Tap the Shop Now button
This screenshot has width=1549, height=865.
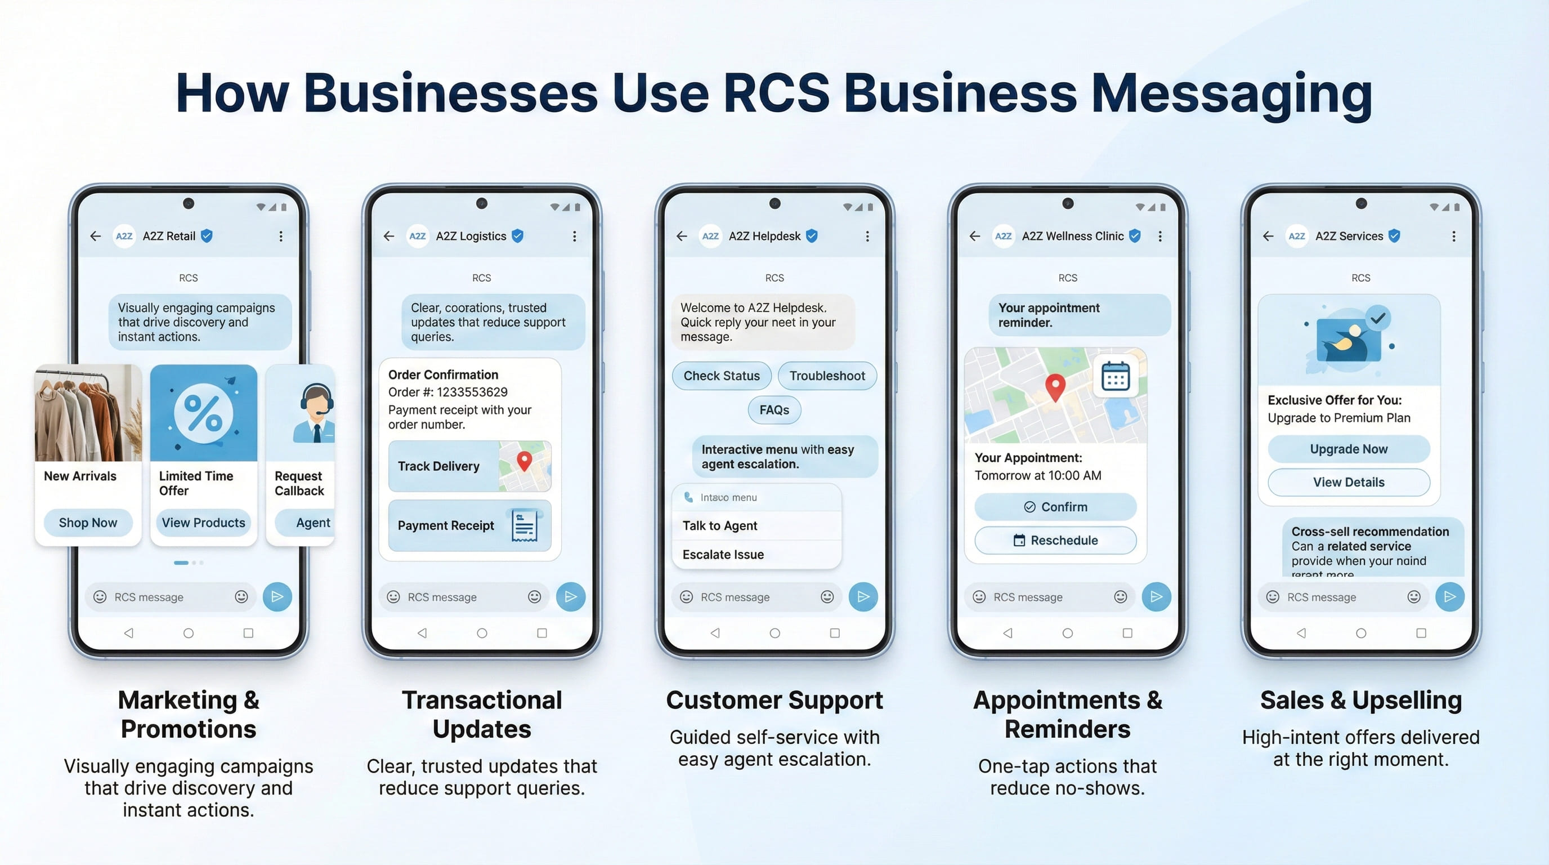[88, 523]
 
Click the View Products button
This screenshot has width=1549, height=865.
[203, 523]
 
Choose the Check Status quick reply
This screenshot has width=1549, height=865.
[721, 376]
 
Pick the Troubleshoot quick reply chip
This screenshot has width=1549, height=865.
[827, 376]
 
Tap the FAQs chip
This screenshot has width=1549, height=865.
[774, 410]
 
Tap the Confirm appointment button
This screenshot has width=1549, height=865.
[1055, 507]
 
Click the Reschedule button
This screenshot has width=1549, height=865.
[1055, 540]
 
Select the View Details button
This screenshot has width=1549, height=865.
[1348, 483]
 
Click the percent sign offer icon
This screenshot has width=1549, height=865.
[203, 413]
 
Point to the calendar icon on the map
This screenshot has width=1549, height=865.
[1115, 377]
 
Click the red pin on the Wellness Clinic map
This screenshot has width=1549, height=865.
[1055, 386]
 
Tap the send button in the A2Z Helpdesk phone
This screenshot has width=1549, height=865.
[863, 597]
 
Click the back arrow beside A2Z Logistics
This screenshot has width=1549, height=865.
[389, 237]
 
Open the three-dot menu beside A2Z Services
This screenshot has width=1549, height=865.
[1453, 237]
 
